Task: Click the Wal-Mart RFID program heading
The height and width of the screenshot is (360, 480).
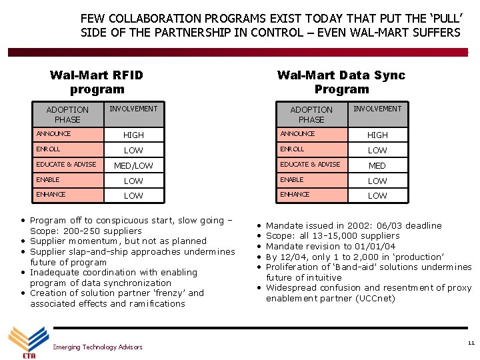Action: [97, 82]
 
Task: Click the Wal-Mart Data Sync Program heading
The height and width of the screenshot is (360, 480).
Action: [341, 82]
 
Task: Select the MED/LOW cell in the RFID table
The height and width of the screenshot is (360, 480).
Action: [133, 165]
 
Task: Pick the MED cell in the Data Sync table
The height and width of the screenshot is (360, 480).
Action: [377, 165]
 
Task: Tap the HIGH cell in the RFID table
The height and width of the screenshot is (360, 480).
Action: [133, 135]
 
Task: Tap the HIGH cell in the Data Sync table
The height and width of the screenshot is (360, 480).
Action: [377, 135]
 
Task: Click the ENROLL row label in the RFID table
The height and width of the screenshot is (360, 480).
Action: [49, 149]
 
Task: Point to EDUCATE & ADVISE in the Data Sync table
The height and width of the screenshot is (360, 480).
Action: [310, 165]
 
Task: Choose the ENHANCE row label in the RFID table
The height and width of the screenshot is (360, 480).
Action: [51, 195]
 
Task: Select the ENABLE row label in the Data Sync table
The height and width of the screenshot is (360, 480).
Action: [291, 180]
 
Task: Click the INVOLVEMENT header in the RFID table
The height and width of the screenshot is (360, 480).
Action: [133, 109]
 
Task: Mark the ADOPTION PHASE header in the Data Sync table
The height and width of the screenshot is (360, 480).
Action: [311, 114]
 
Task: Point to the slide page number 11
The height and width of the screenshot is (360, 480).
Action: [471, 343]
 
